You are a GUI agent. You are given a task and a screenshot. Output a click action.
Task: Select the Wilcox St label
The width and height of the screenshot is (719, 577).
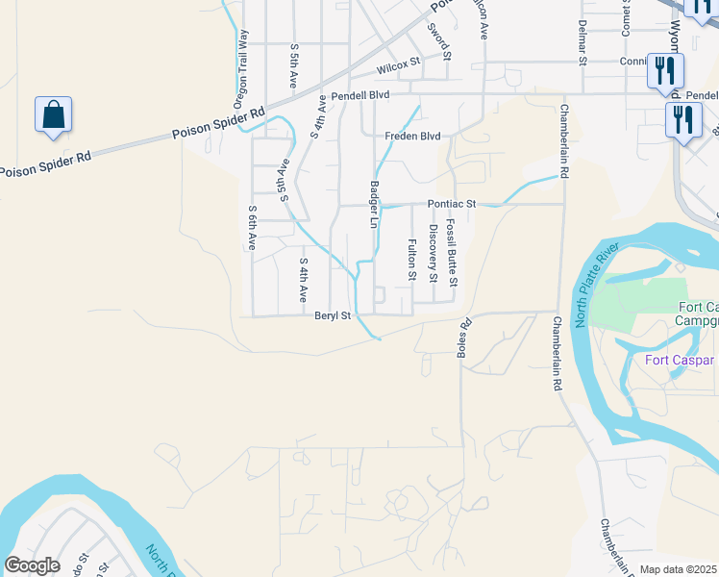[x=399, y=66]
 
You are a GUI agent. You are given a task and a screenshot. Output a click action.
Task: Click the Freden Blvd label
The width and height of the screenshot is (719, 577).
[x=412, y=137]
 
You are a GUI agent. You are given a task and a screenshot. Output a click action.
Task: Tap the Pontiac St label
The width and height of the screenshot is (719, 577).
[x=452, y=205]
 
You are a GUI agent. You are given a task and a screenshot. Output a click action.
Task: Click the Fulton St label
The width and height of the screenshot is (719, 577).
[x=411, y=261]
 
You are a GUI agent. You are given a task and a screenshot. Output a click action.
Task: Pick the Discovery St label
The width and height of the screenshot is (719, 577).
[x=434, y=254]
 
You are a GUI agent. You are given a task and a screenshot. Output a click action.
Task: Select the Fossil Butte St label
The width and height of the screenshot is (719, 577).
[x=453, y=254]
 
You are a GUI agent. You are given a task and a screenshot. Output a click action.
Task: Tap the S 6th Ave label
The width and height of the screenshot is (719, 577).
[x=252, y=228]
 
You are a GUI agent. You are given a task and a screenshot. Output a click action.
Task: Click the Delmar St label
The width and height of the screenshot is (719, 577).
[x=583, y=41]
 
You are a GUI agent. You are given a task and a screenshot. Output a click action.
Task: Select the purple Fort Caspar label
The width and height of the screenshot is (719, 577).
[x=680, y=361]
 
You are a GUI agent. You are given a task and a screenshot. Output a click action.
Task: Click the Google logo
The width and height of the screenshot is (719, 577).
[x=31, y=565]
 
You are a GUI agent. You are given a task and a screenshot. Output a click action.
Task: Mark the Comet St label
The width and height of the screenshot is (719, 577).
[x=626, y=19]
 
